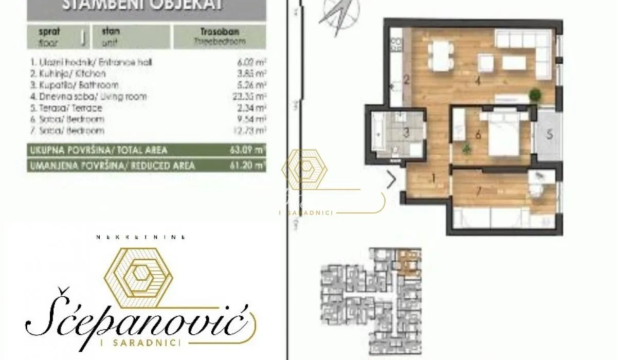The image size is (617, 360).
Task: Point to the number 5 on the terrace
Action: (x=549, y=135)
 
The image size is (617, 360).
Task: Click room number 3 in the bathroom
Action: (x=406, y=133)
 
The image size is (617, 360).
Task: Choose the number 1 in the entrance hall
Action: (x=433, y=179)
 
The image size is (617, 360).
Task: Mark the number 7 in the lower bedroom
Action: (x=479, y=192)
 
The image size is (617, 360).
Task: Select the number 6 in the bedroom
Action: (x=478, y=135)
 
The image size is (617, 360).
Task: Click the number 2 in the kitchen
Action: (x=406, y=80)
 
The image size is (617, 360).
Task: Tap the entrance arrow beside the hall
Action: (x=391, y=180)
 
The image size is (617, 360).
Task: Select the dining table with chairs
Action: (x=441, y=56)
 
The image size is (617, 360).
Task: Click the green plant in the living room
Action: (x=536, y=95)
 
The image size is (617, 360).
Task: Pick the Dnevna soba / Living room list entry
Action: (x=89, y=97)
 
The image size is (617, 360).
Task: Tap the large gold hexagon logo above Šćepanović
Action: (x=138, y=272)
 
